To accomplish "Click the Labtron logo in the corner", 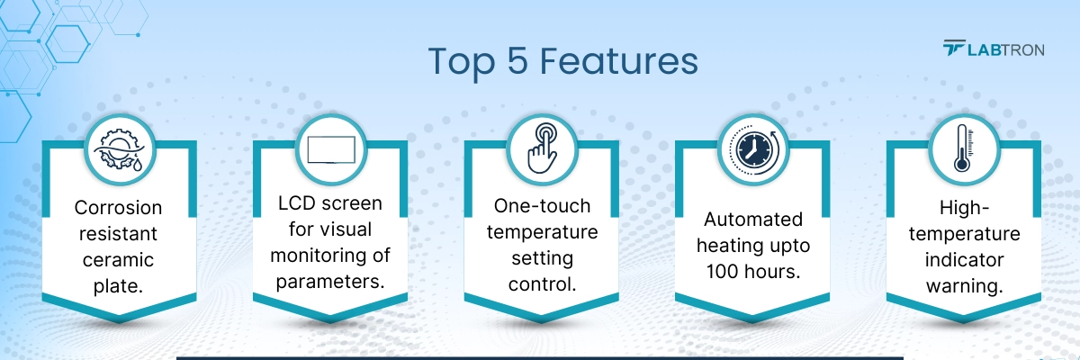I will point(993,49).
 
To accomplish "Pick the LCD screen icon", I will point(332,148).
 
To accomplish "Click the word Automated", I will point(752,220).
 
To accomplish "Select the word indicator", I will point(964,260).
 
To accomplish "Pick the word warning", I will point(964,285).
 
